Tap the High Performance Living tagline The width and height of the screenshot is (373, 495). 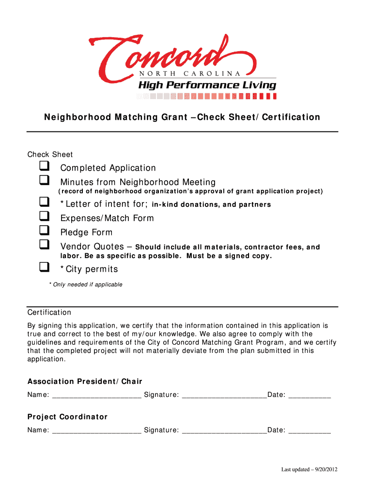207,85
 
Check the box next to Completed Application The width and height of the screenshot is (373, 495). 45,167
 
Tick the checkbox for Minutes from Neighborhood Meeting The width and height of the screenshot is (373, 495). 45,181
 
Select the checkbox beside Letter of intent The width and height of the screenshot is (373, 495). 45,203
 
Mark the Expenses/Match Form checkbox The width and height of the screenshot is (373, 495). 45,217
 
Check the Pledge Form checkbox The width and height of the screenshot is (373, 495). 45,231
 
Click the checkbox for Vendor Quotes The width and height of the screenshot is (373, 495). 45,245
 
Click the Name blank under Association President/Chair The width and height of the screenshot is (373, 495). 96,395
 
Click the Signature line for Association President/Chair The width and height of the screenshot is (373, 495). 224,395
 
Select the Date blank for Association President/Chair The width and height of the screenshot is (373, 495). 310,395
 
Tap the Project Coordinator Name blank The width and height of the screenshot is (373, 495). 96,430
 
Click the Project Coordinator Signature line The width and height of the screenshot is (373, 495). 224,430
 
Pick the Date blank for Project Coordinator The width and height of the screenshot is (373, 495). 310,430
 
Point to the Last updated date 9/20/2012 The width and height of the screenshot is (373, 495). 309,469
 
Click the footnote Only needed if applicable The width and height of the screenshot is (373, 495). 86,285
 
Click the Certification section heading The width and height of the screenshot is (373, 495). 49,312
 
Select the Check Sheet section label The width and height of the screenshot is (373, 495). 50,155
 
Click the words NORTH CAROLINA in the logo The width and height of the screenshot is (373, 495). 190,73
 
